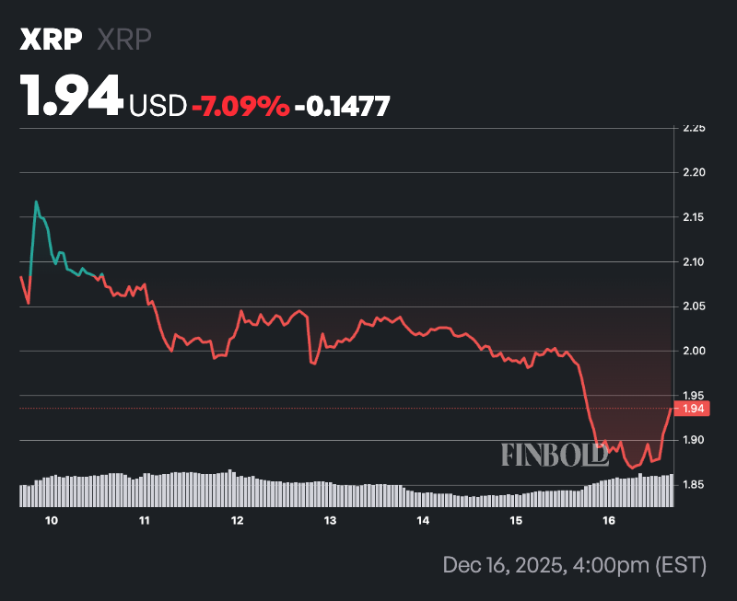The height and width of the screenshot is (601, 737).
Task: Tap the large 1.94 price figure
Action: point(72,95)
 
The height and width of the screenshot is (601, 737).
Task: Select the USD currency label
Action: point(157,106)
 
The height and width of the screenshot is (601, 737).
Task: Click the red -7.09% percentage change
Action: point(240,106)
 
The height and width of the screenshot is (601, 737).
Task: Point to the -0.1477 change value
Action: point(342,106)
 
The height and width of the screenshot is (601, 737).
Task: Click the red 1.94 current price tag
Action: point(693,408)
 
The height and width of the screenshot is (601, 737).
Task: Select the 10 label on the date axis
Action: point(52,521)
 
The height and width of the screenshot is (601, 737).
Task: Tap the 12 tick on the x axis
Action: point(237,521)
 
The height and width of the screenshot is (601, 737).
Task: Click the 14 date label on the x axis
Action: point(423,521)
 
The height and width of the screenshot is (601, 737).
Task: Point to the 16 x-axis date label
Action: point(608,521)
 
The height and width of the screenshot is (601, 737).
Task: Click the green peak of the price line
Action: point(36,202)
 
